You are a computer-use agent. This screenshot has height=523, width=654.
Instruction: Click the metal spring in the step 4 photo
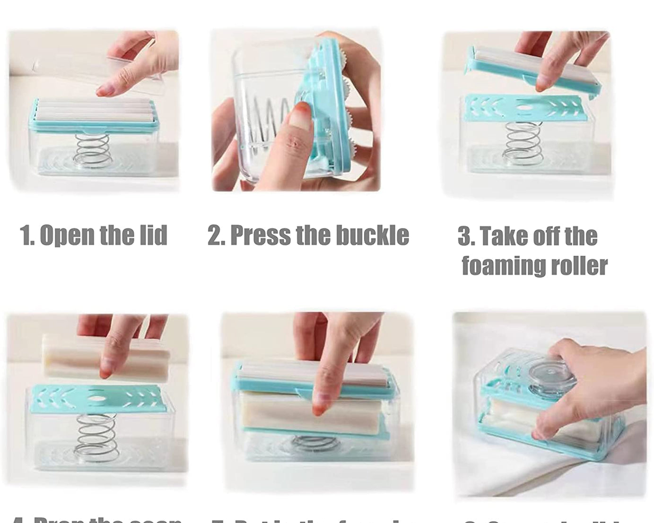(x=96, y=435)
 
